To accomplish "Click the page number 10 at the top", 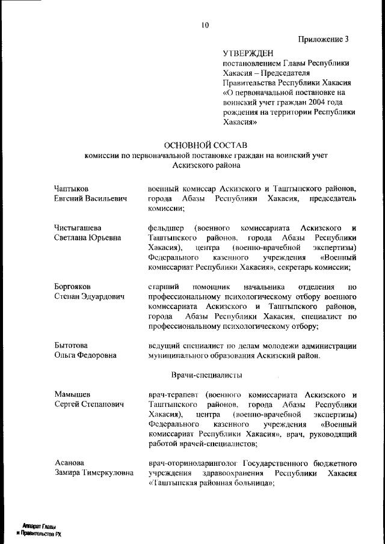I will [x=205, y=25].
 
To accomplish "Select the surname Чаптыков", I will [x=72, y=189].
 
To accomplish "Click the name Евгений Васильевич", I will [x=91, y=198].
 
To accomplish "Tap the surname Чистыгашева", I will [x=78, y=228].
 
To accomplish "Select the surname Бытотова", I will [x=71, y=345].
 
